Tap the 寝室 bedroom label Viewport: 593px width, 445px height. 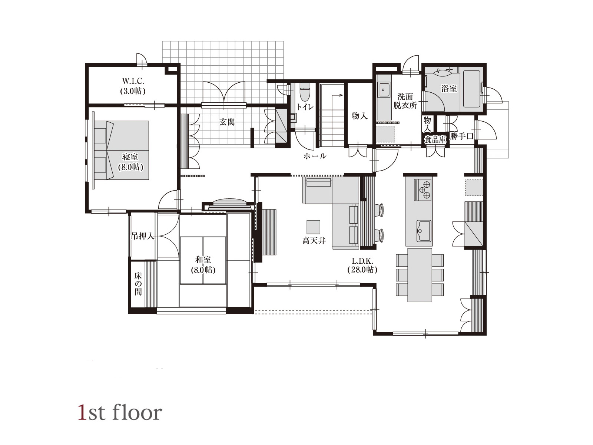[130, 156]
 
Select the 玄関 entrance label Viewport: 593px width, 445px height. [227, 122]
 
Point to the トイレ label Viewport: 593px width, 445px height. [305, 107]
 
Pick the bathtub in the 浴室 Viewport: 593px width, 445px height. [471, 89]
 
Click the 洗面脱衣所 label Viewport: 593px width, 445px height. [405, 101]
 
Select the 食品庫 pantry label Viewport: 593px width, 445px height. [435, 139]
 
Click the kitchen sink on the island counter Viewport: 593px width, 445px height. [424, 231]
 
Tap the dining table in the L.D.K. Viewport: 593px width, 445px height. [420, 275]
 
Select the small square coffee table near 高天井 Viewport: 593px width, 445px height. [314, 227]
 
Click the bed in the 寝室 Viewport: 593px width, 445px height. [122, 150]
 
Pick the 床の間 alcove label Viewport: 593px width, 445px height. [138, 284]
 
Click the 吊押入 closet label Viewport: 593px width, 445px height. [143, 236]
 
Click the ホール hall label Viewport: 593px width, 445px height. [315, 156]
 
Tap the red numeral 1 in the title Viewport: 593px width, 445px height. [83, 412]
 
